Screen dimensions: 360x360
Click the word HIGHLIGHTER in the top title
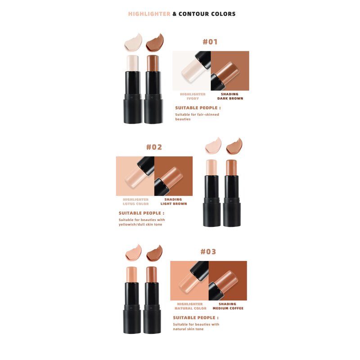(x=149, y=14)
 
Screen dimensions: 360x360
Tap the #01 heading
(x=210, y=42)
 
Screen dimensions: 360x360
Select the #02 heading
(x=154, y=147)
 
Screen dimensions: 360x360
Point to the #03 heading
(x=208, y=252)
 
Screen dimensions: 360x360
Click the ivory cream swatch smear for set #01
(x=133, y=43)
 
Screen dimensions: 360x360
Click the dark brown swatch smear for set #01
(x=154, y=43)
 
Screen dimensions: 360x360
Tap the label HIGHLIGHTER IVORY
(x=193, y=96)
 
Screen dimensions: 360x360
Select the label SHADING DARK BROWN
(x=230, y=96)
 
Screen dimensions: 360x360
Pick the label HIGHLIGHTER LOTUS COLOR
(x=135, y=202)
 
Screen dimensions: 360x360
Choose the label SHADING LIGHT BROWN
(x=173, y=202)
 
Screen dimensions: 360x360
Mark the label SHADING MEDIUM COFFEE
(x=228, y=306)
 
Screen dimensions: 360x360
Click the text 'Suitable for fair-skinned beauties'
(x=197, y=117)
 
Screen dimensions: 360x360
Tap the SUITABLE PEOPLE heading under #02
(x=141, y=213)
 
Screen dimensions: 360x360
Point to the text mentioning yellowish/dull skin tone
(x=141, y=222)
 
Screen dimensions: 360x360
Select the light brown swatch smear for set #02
(x=234, y=145)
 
